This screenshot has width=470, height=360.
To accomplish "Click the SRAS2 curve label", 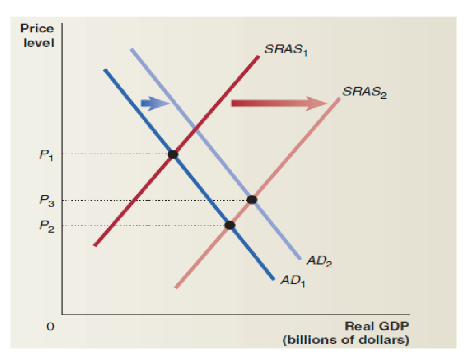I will click(364, 92).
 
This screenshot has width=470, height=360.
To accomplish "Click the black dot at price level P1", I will click(173, 154).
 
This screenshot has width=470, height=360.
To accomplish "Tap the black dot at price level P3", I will click(251, 200).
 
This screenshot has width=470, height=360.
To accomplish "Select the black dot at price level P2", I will click(230, 225).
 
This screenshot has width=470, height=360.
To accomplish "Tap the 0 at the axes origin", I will click(50, 327).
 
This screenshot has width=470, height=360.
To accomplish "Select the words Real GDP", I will click(377, 327).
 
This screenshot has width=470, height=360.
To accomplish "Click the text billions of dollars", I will click(345, 340).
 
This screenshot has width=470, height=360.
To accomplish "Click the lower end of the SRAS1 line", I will click(96, 245).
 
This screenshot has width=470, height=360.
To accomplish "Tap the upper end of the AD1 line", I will click(105, 70).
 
